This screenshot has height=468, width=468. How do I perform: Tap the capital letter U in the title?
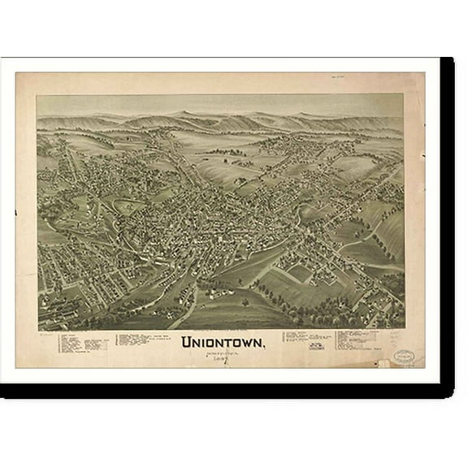click(188, 343)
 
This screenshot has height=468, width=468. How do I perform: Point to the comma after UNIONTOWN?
click(263, 347)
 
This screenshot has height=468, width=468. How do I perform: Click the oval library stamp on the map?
click(404, 355)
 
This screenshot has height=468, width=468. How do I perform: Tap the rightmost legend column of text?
click(358, 340)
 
